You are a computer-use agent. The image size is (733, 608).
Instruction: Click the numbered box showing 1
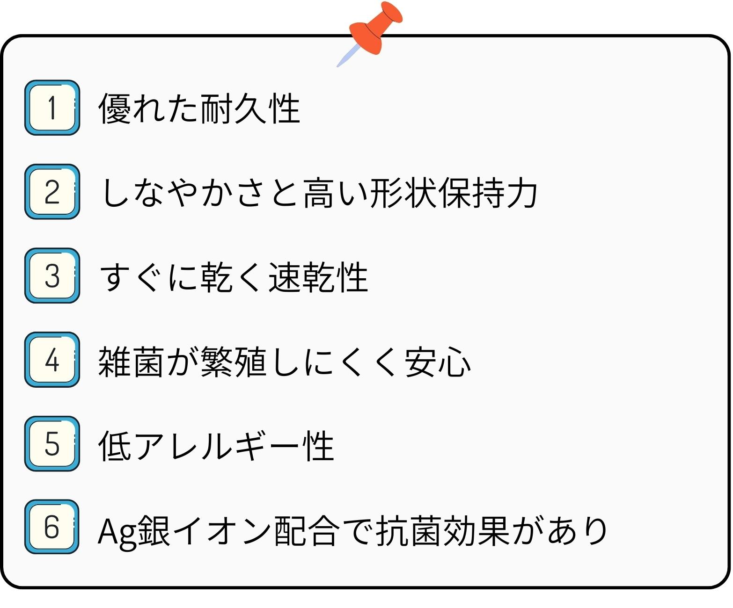click(52, 108)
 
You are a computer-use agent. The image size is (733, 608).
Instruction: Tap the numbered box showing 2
click(52, 192)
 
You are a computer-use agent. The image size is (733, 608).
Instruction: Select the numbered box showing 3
click(52, 275)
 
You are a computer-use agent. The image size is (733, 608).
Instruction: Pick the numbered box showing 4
click(52, 360)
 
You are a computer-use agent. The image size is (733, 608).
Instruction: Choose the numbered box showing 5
click(52, 443)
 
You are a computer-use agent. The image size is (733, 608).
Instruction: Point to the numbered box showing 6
click(52, 527)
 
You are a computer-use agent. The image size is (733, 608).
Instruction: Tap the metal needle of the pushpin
click(348, 56)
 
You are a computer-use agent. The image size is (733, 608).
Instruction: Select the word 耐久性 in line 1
click(250, 109)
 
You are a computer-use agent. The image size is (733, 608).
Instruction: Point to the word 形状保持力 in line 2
click(453, 192)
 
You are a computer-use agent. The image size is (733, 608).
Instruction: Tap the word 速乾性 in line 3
click(318, 277)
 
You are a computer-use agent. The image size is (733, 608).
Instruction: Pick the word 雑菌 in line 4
click(131, 362)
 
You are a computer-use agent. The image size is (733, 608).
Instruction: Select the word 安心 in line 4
click(437, 362)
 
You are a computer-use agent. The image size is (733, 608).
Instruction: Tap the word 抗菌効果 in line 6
click(442, 530)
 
